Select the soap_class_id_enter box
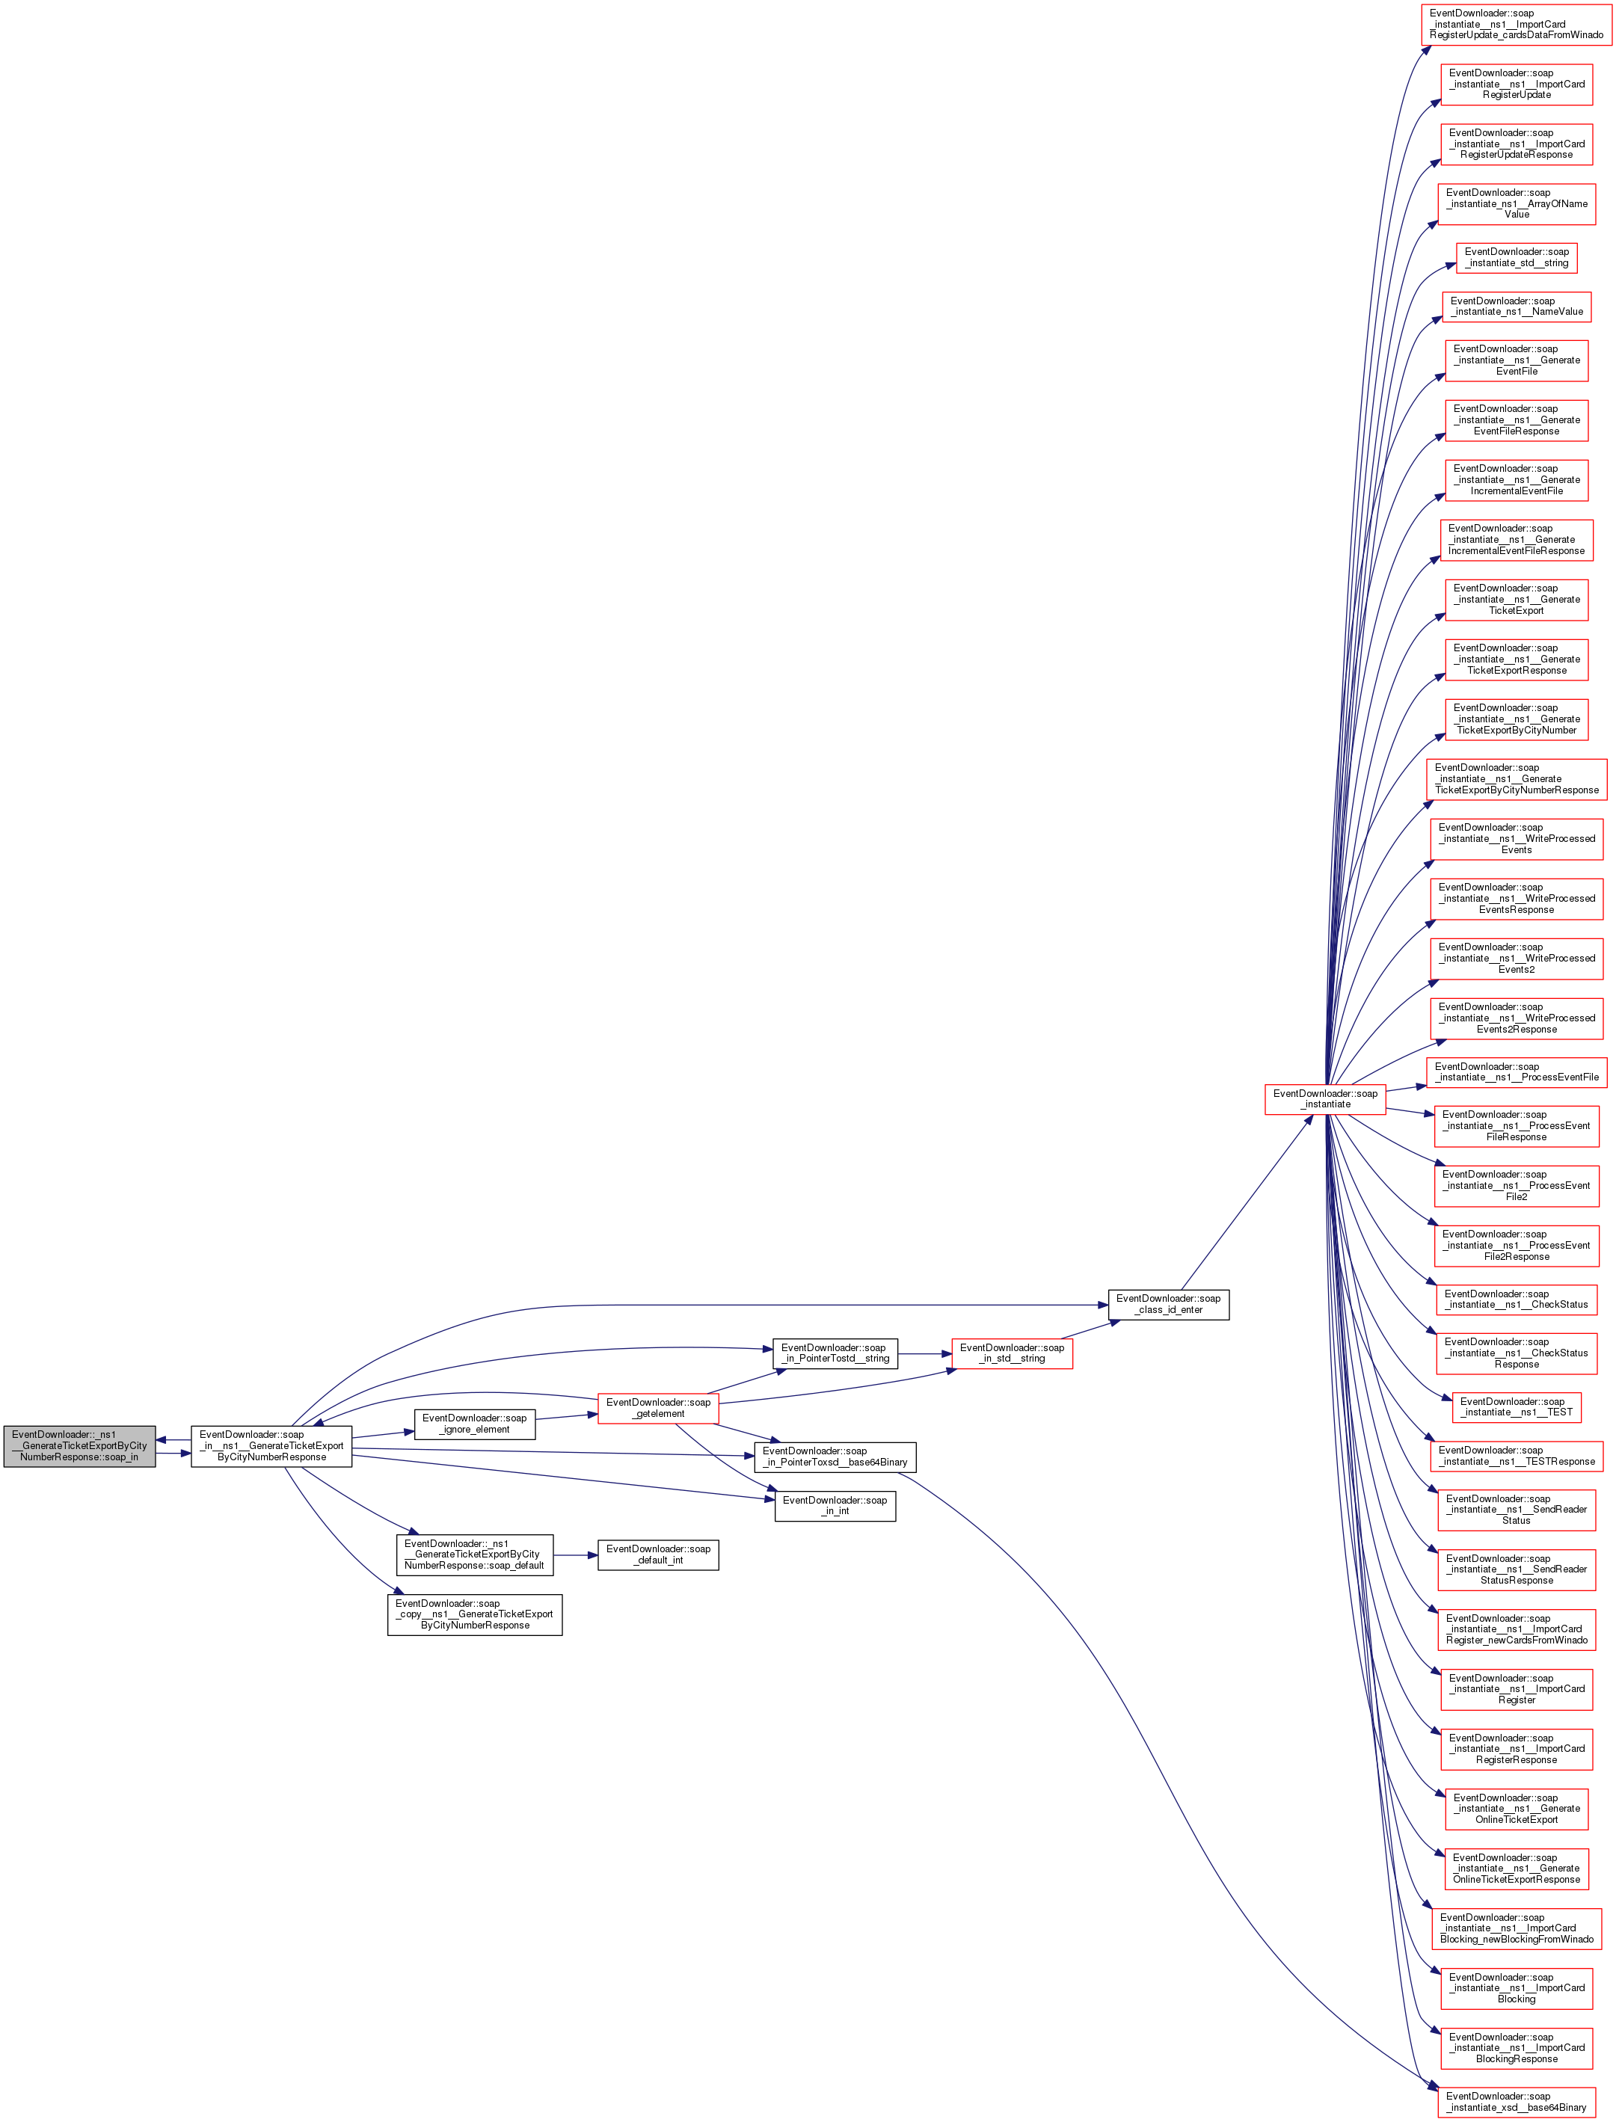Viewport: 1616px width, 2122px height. [x=1168, y=1303]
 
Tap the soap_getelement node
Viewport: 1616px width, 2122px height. [x=658, y=1407]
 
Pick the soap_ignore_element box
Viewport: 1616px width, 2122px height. [x=474, y=1423]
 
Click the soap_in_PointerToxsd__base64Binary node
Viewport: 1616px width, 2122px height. [x=835, y=1457]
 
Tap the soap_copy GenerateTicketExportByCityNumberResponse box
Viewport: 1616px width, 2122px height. [x=474, y=1614]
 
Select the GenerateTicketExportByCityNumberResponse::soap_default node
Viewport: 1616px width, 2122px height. [x=474, y=1554]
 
